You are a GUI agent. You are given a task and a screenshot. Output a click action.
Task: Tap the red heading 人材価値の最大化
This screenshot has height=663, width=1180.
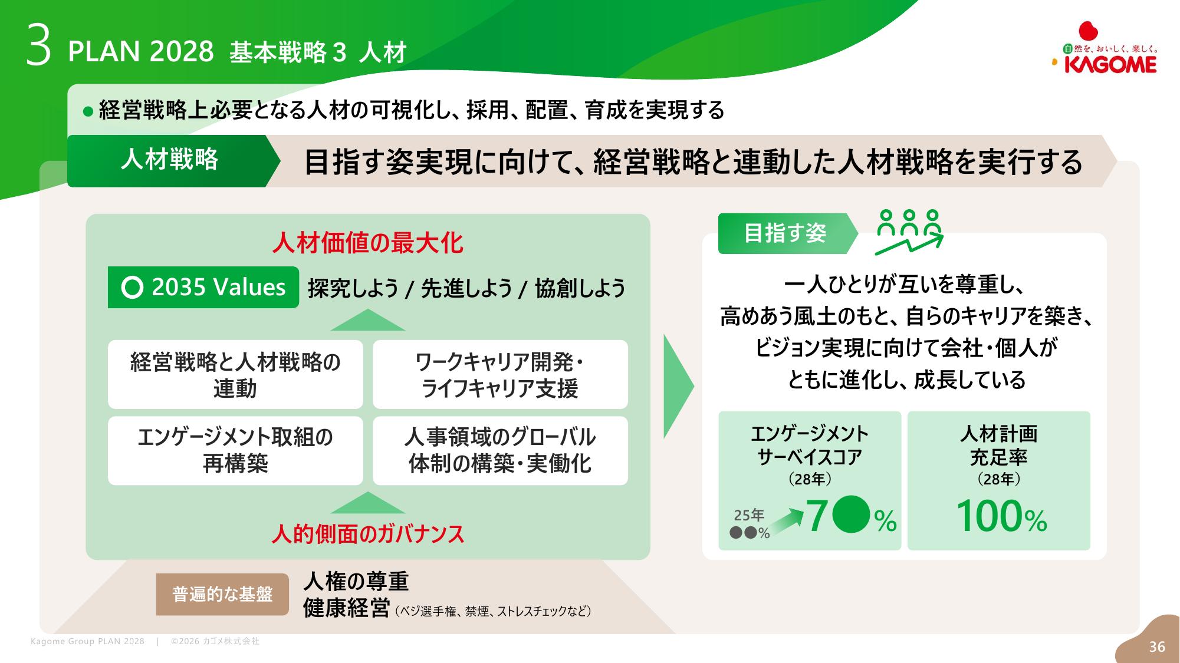pyautogui.click(x=368, y=243)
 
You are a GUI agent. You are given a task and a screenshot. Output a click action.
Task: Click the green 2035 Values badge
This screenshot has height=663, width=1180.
pyautogui.click(x=203, y=288)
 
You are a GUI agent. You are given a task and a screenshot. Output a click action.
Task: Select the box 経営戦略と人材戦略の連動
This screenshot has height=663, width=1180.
pyautogui.click(x=235, y=375)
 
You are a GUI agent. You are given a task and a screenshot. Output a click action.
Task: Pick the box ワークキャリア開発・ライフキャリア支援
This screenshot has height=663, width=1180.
pyautogui.click(x=500, y=375)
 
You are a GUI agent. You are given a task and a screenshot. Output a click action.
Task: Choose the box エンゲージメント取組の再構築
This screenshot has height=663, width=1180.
pyautogui.click(x=235, y=451)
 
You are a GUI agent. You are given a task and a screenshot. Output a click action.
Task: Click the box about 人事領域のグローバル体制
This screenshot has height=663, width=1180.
pyautogui.click(x=500, y=451)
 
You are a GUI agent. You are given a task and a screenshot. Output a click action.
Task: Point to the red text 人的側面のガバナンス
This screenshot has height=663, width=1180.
pyautogui.click(x=368, y=534)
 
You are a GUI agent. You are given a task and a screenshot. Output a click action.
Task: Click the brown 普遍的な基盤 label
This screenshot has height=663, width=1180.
pyautogui.click(x=222, y=594)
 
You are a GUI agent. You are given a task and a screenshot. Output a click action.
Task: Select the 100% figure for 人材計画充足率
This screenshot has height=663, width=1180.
pyautogui.click(x=1001, y=517)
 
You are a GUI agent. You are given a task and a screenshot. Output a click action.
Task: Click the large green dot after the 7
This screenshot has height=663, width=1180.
pyautogui.click(x=850, y=514)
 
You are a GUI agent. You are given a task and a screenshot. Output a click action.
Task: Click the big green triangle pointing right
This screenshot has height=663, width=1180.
pyautogui.click(x=679, y=387)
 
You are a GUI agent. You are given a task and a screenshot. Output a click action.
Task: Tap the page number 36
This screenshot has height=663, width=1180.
pyautogui.click(x=1157, y=647)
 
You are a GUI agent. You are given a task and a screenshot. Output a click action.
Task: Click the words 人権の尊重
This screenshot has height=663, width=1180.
pyautogui.click(x=356, y=582)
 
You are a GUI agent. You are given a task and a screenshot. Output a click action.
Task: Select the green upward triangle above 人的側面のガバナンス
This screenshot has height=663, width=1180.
pyautogui.click(x=368, y=503)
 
